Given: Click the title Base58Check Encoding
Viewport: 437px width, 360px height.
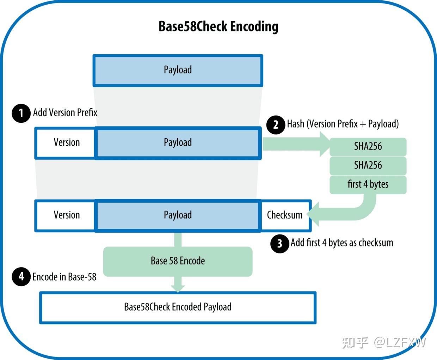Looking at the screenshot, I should tap(218, 26).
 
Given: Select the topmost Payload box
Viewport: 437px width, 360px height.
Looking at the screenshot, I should tap(178, 70).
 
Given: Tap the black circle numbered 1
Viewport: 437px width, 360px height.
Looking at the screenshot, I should tap(21, 113).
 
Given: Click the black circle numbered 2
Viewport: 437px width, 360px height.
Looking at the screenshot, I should tap(276, 124).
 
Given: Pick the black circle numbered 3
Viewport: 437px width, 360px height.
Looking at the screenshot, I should tap(279, 243).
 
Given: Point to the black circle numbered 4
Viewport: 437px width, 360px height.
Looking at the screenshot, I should tap(21, 277).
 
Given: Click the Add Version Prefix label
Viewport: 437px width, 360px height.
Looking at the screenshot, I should tap(65, 112).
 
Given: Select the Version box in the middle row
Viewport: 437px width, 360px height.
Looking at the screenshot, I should tap(66, 143).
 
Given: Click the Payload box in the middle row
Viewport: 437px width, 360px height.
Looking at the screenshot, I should tap(178, 143).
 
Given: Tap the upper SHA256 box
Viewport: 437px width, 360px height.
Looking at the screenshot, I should tap(368, 147).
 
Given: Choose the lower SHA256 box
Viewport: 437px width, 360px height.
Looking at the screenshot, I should tap(368, 165).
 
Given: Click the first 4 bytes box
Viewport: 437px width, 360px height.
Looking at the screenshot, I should tap(368, 184).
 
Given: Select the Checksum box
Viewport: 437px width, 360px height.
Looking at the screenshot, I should tap(285, 215).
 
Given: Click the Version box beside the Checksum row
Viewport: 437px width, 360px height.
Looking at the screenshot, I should tap(66, 215).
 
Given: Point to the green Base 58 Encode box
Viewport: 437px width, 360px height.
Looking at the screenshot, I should tap(178, 261).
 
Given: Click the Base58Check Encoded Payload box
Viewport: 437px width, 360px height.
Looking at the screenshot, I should tap(178, 307).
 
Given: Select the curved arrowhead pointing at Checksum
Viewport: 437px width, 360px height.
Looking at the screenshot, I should tap(313, 214).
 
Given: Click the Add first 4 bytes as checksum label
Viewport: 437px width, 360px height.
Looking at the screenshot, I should tap(342, 243).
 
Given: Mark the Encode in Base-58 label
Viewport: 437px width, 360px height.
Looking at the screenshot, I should tap(64, 277).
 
